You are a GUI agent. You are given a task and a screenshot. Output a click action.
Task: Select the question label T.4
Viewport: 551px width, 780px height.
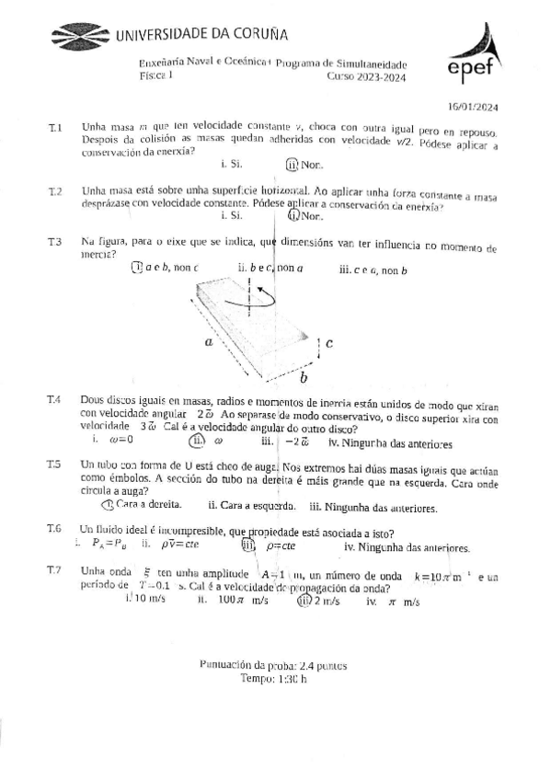tap(54, 402)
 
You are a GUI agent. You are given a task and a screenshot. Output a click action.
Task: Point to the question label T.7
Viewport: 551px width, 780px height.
tap(54, 570)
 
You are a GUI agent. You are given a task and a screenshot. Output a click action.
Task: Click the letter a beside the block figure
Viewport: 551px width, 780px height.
tap(210, 340)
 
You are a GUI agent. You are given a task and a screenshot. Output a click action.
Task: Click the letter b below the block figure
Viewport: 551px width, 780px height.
tap(304, 377)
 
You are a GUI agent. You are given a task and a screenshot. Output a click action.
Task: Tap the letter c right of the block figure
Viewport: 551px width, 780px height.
tap(328, 343)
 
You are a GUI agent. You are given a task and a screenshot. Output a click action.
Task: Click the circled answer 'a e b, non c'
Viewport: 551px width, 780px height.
tap(166, 268)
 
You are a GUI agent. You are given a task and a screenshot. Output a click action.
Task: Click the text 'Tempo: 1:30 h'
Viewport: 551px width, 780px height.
tap(273, 678)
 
